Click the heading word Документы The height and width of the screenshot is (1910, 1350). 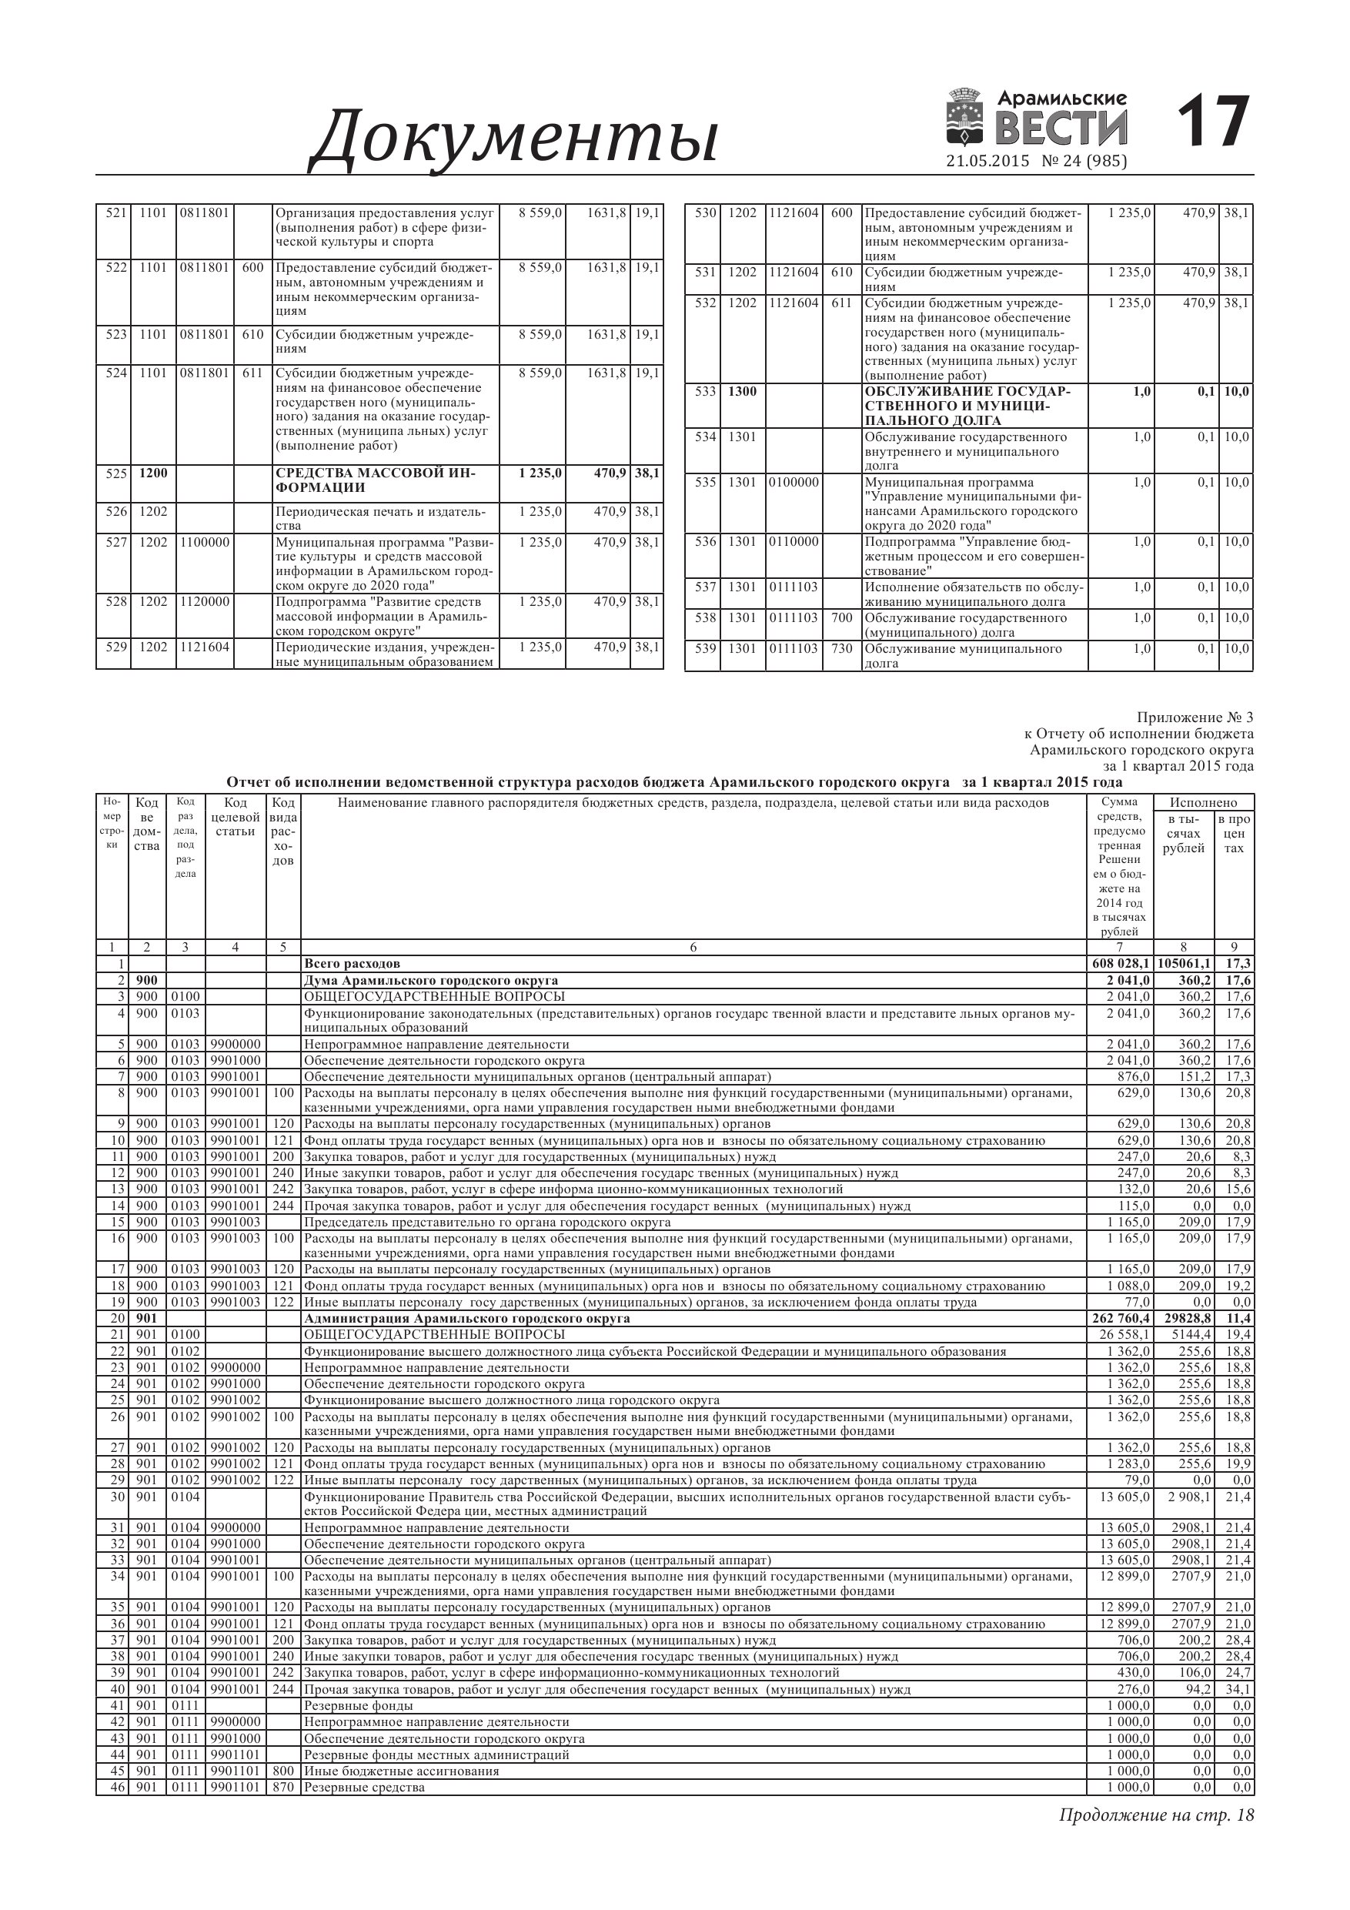[514, 138]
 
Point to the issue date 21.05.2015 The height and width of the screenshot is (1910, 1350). [987, 162]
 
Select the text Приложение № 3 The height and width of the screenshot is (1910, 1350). [1194, 717]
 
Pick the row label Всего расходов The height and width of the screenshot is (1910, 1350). [352, 963]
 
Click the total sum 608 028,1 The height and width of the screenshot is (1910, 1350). [1121, 963]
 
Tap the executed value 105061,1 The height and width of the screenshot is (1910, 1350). [1184, 963]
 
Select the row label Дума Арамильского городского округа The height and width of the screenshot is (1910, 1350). [431, 980]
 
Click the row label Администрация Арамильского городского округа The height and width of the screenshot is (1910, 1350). [466, 1319]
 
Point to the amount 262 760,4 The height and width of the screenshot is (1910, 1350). [1121, 1319]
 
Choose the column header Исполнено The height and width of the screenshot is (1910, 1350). [1203, 803]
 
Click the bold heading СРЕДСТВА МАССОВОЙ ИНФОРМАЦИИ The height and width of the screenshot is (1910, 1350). [375, 480]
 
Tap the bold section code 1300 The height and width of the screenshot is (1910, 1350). [743, 391]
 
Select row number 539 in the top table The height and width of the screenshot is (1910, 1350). [705, 649]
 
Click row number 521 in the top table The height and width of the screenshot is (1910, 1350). [115, 213]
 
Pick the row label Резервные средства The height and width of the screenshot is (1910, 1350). [364, 1787]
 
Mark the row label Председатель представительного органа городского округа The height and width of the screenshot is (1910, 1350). [486, 1222]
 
